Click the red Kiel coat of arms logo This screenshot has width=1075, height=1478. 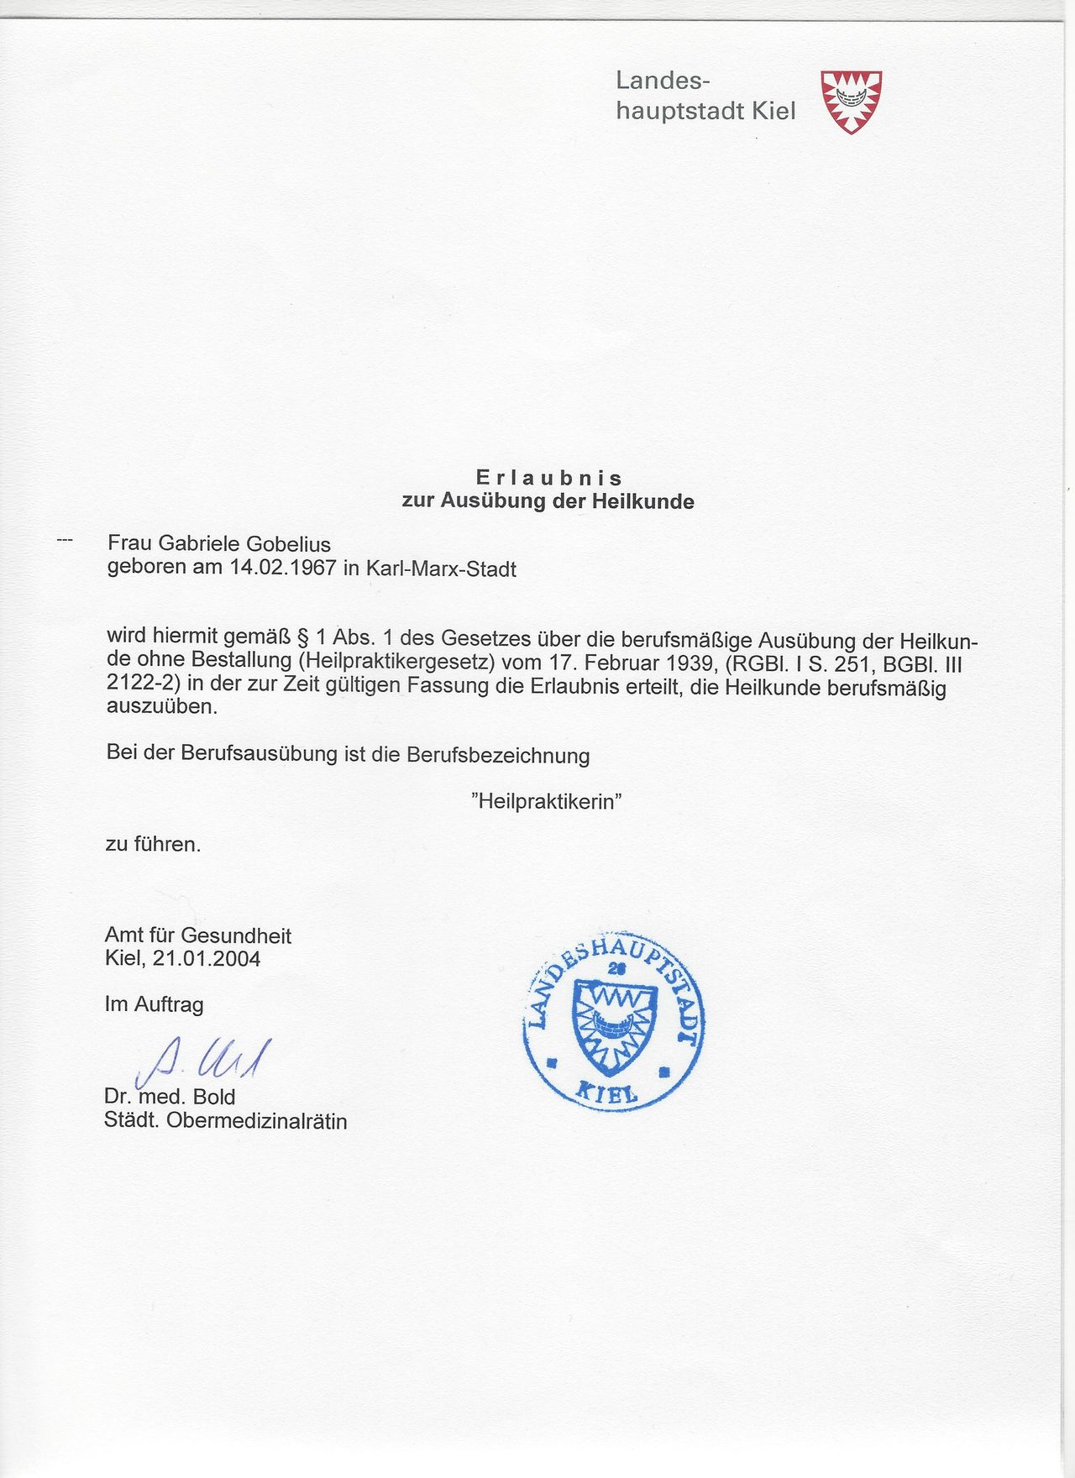click(x=851, y=102)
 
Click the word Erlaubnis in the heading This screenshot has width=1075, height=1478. click(x=549, y=478)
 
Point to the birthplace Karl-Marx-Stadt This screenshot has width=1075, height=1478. click(x=441, y=569)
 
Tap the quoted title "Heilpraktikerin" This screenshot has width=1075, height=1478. click(x=546, y=800)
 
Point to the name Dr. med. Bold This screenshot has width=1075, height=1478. click(x=170, y=1097)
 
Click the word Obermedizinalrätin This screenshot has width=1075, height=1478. click(x=256, y=1121)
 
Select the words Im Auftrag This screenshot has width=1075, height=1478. click(x=154, y=1004)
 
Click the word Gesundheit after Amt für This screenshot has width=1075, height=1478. click(x=236, y=936)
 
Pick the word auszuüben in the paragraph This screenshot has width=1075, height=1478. click(x=162, y=706)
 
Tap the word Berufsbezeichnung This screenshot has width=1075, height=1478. click(x=498, y=755)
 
